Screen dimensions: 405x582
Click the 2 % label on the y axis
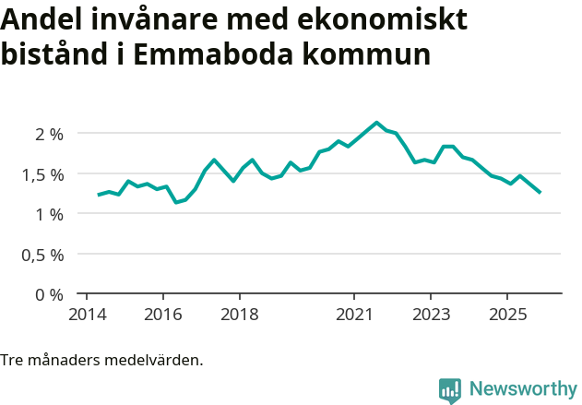coord(49,134)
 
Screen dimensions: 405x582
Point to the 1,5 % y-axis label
coord(42,174)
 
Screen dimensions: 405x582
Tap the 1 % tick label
coord(49,214)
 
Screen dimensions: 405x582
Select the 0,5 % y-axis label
coord(42,255)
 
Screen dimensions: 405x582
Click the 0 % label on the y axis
coord(49,295)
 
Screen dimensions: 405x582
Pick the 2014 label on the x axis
coord(86,315)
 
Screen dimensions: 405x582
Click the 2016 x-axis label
coord(162,315)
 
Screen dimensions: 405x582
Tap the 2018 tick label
coord(239,315)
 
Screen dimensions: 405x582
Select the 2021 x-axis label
coord(354,315)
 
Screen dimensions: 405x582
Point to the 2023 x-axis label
coord(431,315)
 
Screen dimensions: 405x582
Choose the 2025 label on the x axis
coord(507,315)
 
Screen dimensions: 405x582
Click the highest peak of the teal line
coord(376,122)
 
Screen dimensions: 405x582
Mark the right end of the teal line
coord(540,193)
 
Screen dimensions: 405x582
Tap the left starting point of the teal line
coord(99,195)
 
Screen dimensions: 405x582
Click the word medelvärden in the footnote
coord(156,360)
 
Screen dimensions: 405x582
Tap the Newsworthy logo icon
coord(450,390)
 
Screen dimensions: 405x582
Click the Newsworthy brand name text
coord(522,389)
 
